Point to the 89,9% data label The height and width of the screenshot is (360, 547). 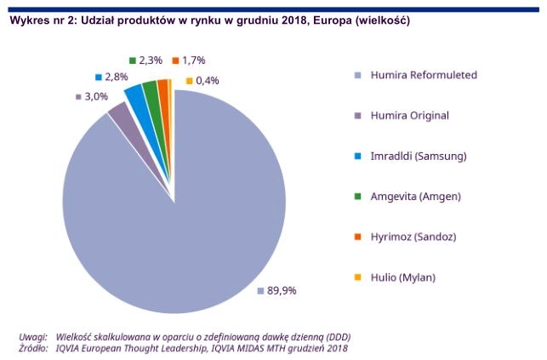point(282,290)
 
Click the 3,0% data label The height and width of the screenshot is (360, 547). point(95,96)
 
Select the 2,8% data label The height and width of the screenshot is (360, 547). point(116,77)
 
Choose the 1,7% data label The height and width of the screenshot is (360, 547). point(192,60)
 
